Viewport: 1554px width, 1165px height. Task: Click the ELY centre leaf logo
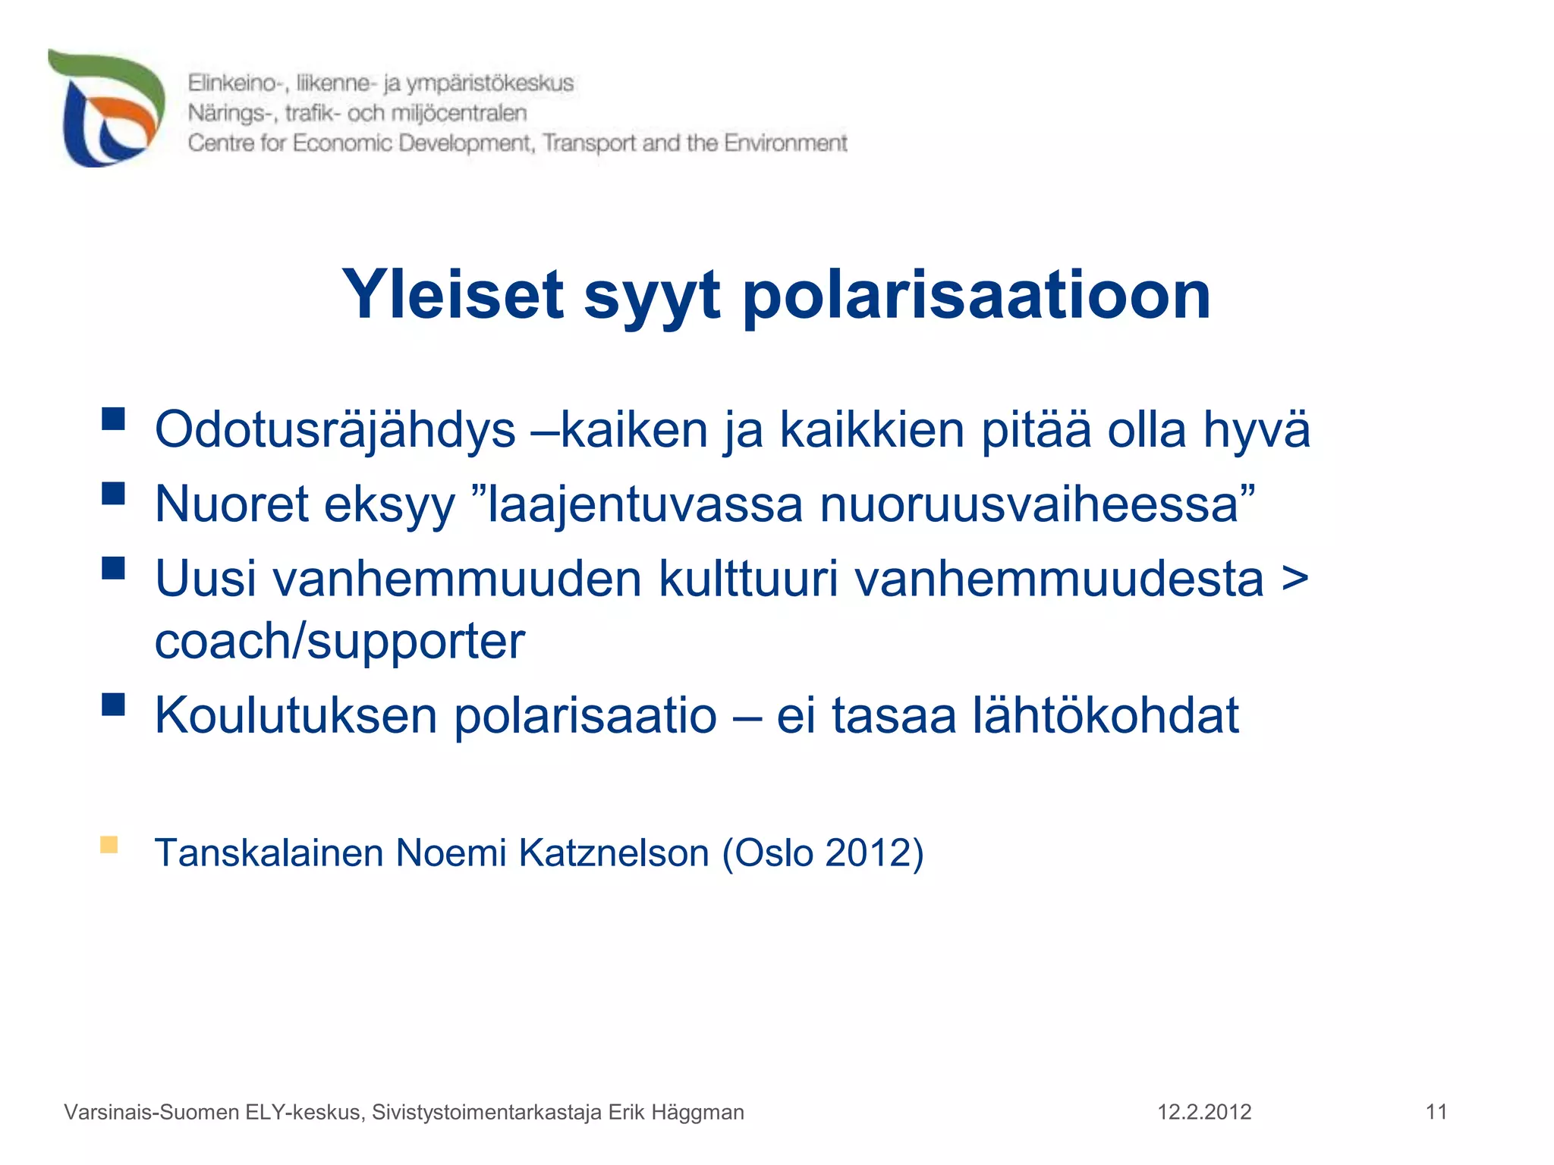point(106,108)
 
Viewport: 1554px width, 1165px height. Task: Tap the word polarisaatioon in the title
point(976,296)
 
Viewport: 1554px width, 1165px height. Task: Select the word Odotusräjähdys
point(335,430)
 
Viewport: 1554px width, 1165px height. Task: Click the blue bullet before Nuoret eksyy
point(113,494)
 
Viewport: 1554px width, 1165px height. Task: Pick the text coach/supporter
point(339,641)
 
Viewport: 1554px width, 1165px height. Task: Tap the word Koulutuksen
point(296,715)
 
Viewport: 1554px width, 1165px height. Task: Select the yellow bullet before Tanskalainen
point(109,845)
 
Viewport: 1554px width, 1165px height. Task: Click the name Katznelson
point(614,853)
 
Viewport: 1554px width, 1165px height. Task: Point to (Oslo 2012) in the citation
point(823,853)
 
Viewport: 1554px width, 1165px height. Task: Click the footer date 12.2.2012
point(1203,1112)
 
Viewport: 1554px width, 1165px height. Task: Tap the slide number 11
point(1436,1112)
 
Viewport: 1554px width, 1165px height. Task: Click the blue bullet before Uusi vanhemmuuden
point(113,568)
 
